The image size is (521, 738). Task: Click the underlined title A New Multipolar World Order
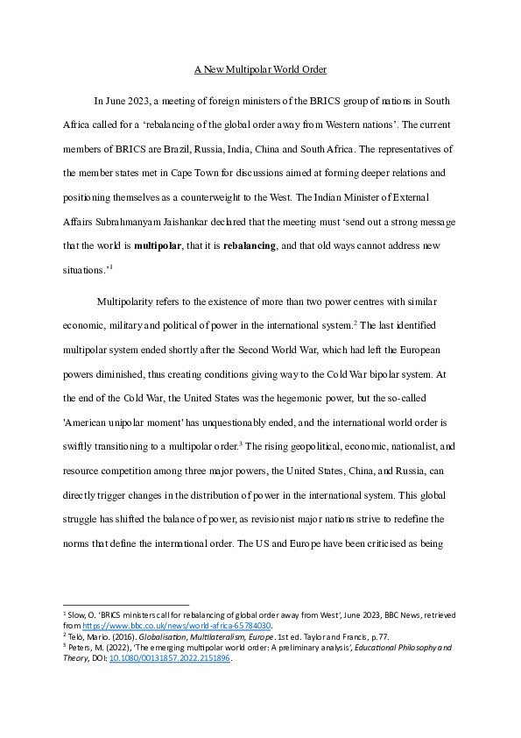(260, 69)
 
